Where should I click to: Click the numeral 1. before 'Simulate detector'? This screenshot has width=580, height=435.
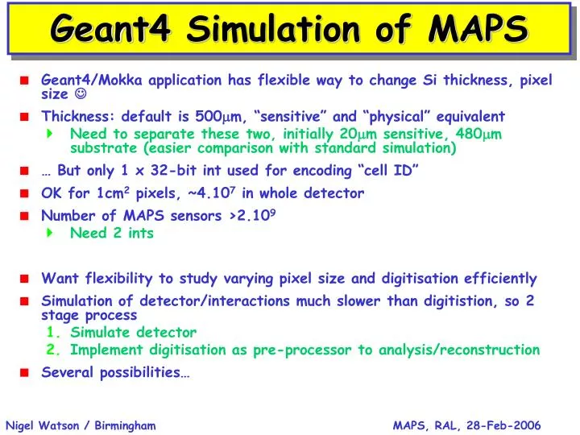[53, 332]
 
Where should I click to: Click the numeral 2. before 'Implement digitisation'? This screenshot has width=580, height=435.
[53, 350]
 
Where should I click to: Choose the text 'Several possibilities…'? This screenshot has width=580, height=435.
[115, 372]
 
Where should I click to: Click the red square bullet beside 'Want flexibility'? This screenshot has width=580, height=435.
[25, 280]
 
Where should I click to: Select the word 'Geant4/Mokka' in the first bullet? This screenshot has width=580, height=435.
[85, 80]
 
